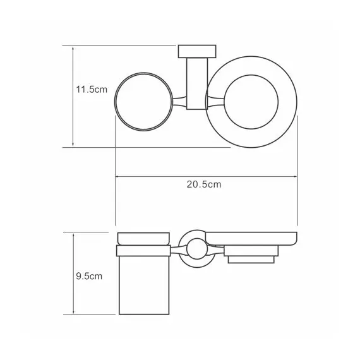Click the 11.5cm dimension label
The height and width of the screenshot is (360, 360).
(x=87, y=90)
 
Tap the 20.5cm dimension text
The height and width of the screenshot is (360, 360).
(x=203, y=184)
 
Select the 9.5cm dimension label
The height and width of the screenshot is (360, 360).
(x=87, y=276)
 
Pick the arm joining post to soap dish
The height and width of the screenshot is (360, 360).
(x=213, y=101)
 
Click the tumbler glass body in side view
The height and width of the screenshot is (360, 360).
(x=143, y=284)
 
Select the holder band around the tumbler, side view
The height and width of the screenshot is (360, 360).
(x=143, y=251)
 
